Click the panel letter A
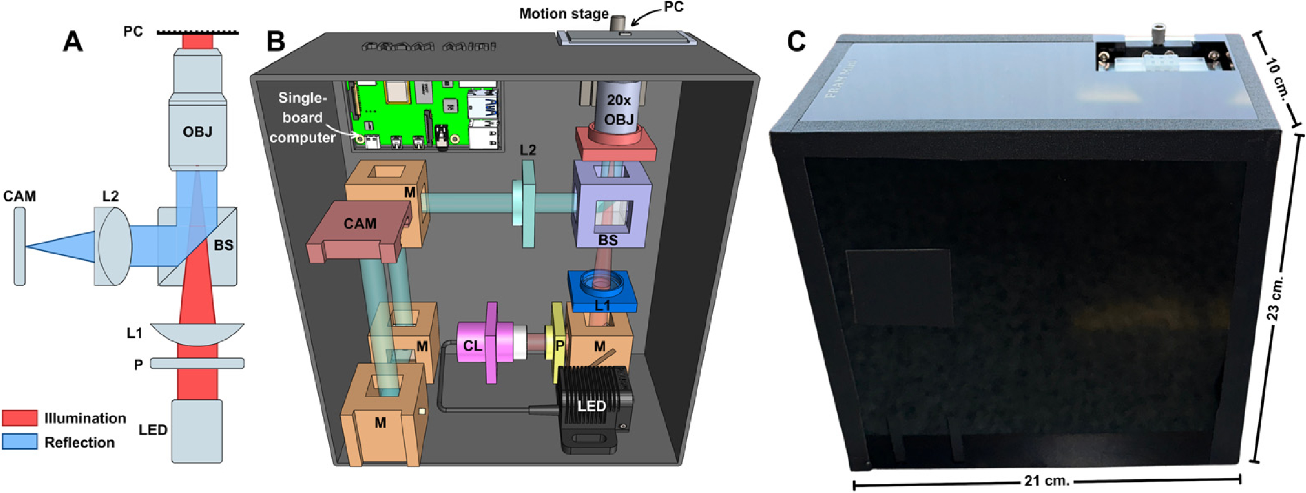73,42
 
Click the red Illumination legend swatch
20,418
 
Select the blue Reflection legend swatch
20,442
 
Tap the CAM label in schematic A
20,196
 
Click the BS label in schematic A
223,246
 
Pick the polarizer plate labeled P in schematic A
197,363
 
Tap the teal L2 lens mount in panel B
528,204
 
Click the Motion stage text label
563,14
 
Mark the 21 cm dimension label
1047,481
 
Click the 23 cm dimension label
1275,298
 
